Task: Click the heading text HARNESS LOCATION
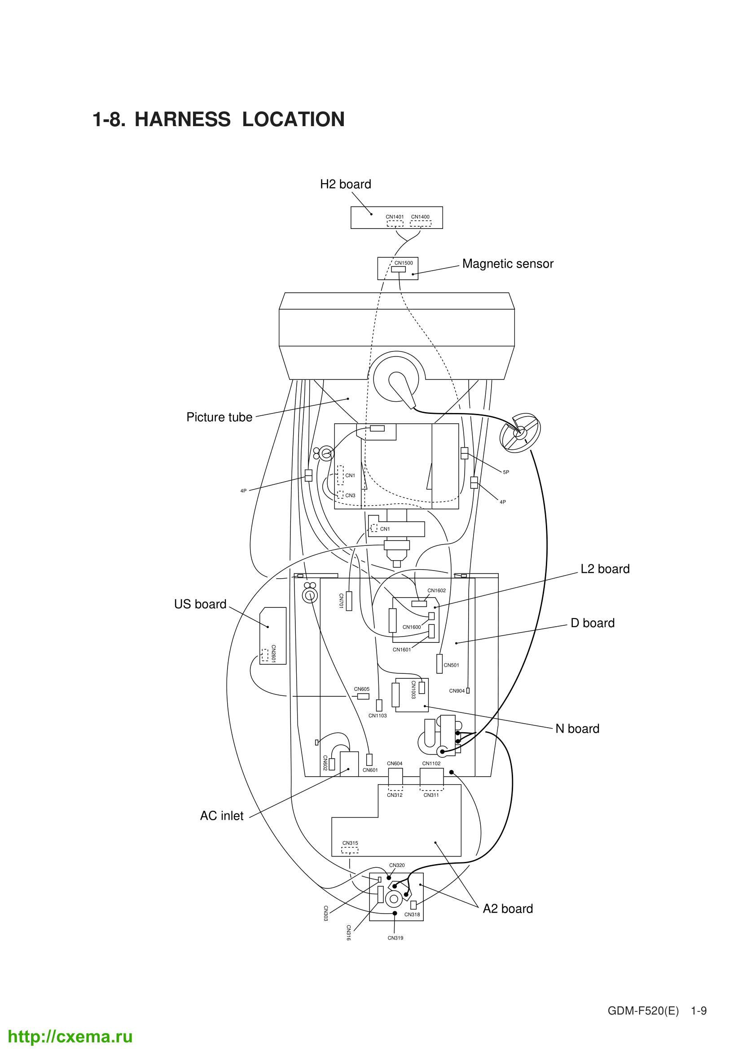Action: (x=239, y=119)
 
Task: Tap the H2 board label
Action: (x=345, y=185)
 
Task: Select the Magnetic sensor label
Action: (x=508, y=264)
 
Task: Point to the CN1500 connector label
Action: (x=404, y=263)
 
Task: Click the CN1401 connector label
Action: (x=395, y=217)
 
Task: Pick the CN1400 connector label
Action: (x=420, y=217)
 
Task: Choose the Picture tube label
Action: (x=219, y=417)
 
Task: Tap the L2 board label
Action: (x=605, y=569)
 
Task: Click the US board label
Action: (x=200, y=604)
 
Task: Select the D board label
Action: (x=593, y=623)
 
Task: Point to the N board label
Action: (x=577, y=729)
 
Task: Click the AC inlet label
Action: (x=222, y=816)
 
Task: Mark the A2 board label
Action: (x=508, y=909)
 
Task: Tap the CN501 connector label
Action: (x=451, y=665)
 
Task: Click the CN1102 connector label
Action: (x=431, y=763)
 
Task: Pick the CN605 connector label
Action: (x=362, y=689)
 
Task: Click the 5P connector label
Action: (x=505, y=472)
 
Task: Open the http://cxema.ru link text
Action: (x=70, y=1036)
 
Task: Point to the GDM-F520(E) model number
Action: (x=643, y=1010)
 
